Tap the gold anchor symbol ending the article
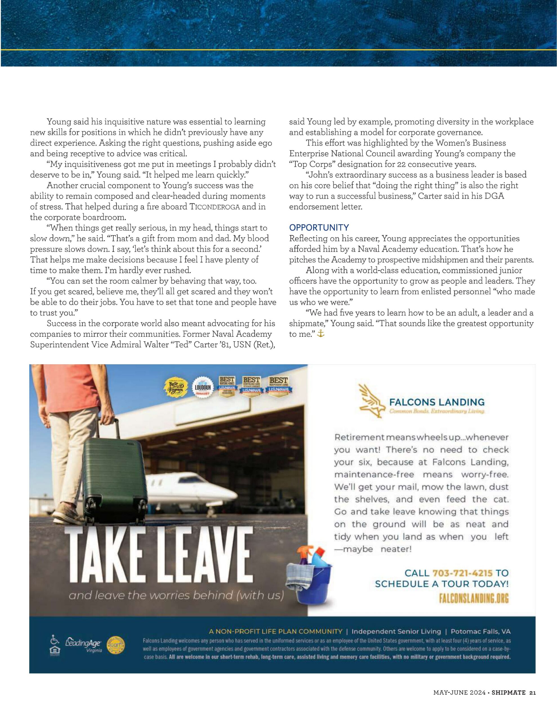[320, 334]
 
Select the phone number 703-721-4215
[462, 573]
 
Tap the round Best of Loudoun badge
[202, 387]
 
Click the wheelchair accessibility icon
[54, 639]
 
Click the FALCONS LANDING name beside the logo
[436, 402]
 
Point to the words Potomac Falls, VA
[480, 631]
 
